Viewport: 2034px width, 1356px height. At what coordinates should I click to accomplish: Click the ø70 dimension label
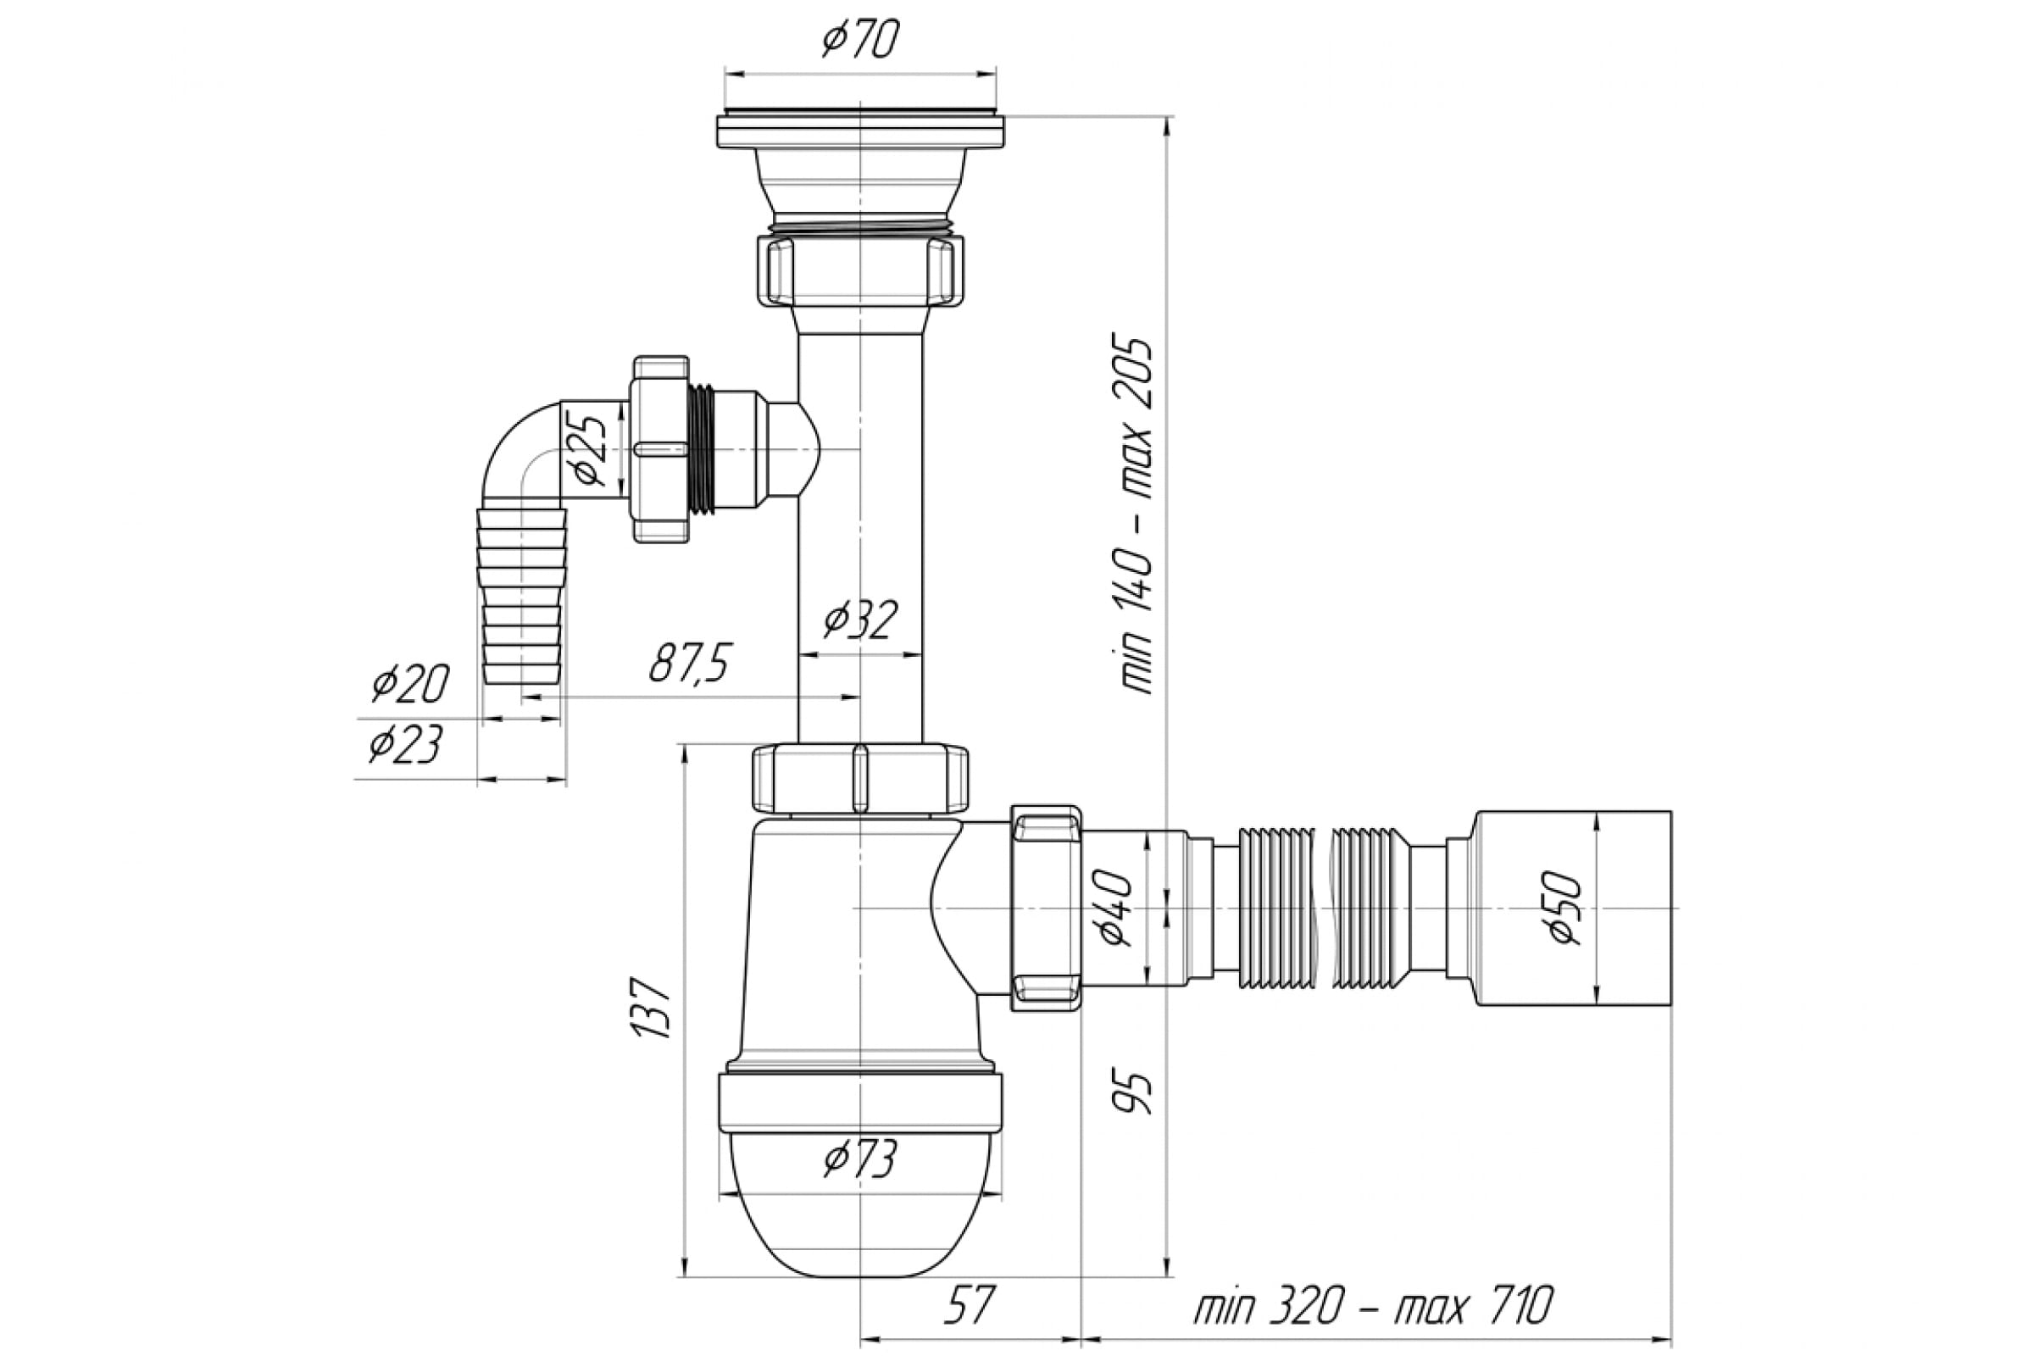pyautogui.click(x=860, y=39)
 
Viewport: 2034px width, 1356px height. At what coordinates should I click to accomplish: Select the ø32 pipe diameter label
pyautogui.click(x=860, y=619)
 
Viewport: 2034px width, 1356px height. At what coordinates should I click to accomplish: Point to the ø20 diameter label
pyautogui.click(x=410, y=683)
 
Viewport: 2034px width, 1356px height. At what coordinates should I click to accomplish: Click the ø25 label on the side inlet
pyautogui.click(x=587, y=450)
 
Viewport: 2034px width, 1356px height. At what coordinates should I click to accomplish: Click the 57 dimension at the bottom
pyautogui.click(x=970, y=1305)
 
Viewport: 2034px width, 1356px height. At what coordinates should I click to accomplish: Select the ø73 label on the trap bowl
pyautogui.click(x=860, y=1159)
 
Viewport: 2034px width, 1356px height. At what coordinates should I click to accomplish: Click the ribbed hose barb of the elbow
pyautogui.click(x=522, y=597)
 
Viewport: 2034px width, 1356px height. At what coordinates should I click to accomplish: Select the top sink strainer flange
pyautogui.click(x=860, y=130)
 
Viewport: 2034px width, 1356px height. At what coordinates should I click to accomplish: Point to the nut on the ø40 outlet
pyautogui.click(x=1047, y=908)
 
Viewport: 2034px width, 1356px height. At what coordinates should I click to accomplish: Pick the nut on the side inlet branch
pyautogui.click(x=661, y=449)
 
